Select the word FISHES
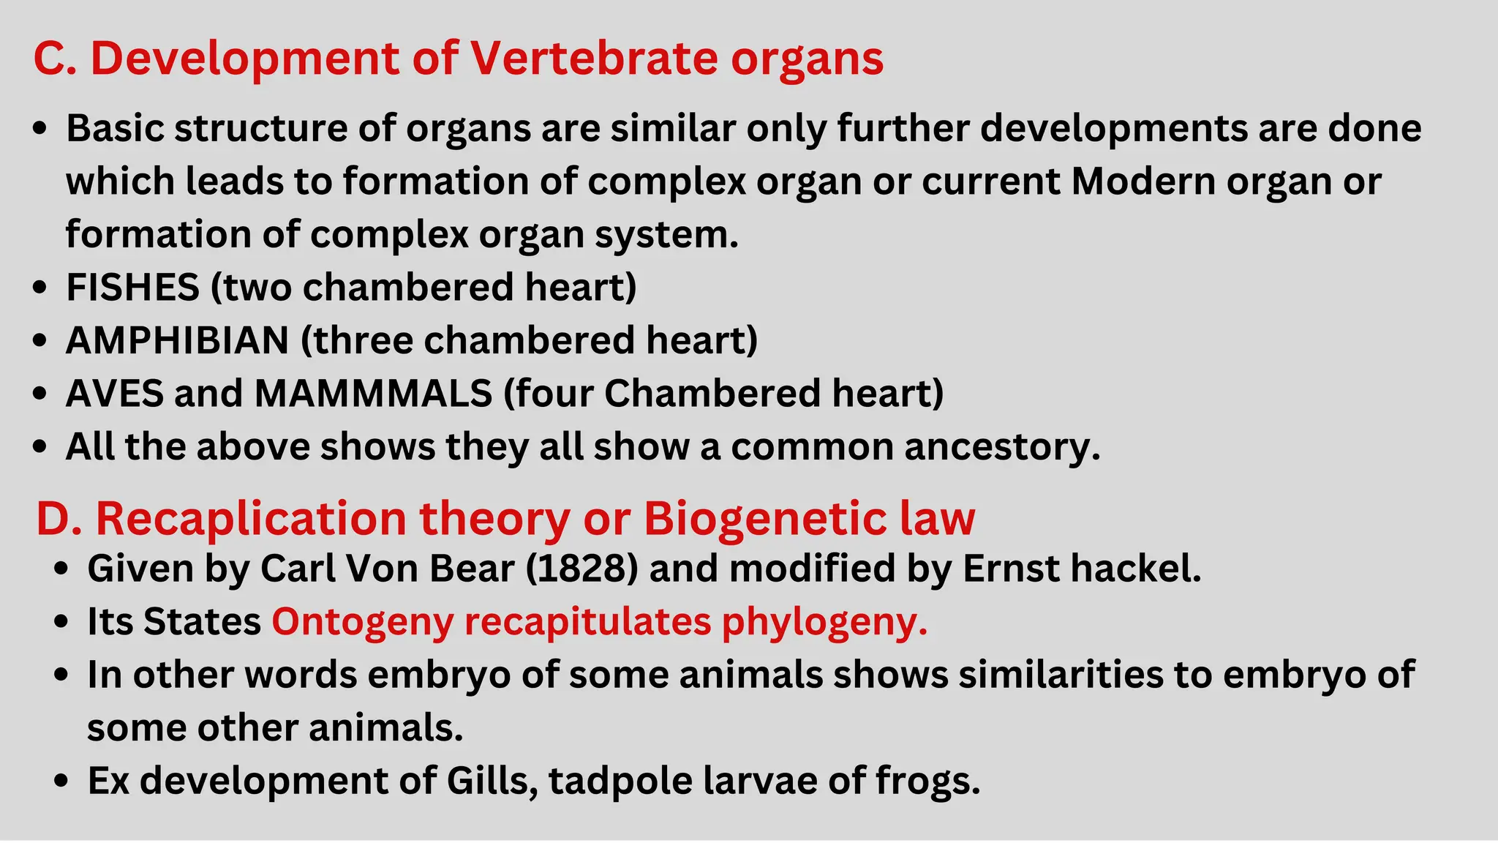pyautogui.click(x=132, y=287)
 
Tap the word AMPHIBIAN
pyautogui.click(x=177, y=340)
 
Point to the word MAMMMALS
pyautogui.click(x=373, y=394)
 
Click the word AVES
pyautogui.click(x=113, y=394)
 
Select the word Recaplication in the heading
pyautogui.click(x=251, y=519)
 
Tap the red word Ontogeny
pyautogui.click(x=362, y=622)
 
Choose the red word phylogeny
pyautogui.click(x=824, y=622)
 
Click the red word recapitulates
pyautogui.click(x=587, y=622)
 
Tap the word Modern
pyautogui.click(x=1143, y=181)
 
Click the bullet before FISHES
pyautogui.click(x=40, y=288)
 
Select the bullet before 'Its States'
pyautogui.click(x=62, y=623)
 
